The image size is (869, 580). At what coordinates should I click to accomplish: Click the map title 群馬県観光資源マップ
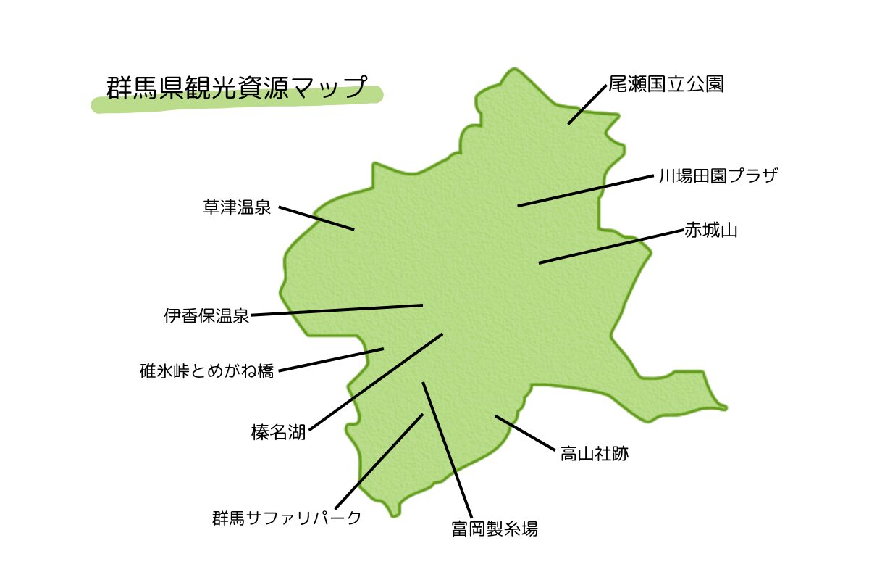tap(236, 88)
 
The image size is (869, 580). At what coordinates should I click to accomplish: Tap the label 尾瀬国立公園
tap(666, 84)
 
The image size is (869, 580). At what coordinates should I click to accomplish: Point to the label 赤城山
tap(710, 231)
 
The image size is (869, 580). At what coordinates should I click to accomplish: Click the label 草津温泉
tap(237, 208)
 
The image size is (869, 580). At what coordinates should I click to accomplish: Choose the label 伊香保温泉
tap(206, 316)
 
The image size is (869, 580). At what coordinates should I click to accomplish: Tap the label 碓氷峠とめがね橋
tap(207, 371)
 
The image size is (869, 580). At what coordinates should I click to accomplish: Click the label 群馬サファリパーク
tap(287, 518)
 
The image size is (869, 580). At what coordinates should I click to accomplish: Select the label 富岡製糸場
tap(495, 529)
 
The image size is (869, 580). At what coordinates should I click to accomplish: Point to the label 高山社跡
tap(594, 455)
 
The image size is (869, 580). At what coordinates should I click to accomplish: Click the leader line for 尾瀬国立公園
tap(587, 104)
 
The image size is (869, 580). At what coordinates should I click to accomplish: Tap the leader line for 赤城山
tap(611, 247)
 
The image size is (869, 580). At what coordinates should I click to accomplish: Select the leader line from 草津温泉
tap(316, 218)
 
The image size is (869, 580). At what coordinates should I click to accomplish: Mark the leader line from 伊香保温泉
tap(337, 310)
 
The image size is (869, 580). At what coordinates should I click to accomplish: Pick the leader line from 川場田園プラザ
tap(585, 191)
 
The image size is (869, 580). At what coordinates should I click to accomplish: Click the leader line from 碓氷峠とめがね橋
tap(331, 360)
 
